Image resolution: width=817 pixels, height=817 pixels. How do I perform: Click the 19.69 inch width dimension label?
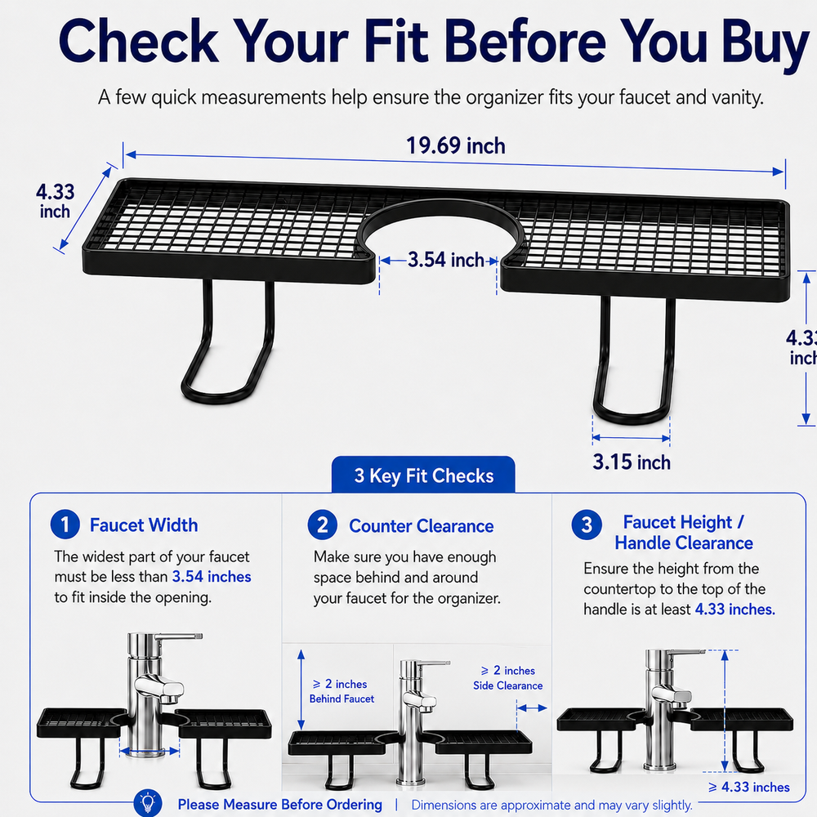click(x=455, y=146)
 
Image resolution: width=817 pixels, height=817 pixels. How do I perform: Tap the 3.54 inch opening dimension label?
click(x=446, y=260)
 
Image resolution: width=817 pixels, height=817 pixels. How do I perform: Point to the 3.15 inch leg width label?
click(x=631, y=462)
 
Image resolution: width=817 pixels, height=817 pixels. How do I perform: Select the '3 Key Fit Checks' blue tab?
click(x=423, y=475)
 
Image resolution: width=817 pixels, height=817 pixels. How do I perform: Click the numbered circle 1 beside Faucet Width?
click(x=65, y=525)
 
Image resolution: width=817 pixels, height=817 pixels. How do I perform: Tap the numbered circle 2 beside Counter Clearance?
click(x=323, y=525)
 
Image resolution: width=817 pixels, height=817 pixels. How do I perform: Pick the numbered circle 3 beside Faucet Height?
click(x=587, y=525)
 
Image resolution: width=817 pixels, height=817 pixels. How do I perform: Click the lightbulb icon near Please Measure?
click(x=148, y=803)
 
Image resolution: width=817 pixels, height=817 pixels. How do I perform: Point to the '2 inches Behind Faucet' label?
click(x=342, y=691)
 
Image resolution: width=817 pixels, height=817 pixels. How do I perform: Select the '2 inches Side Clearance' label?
click(x=508, y=678)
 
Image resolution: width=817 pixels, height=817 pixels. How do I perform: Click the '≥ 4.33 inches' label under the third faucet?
click(x=749, y=787)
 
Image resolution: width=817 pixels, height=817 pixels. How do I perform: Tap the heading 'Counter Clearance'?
click(x=421, y=525)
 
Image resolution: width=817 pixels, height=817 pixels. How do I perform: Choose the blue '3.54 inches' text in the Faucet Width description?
click(x=212, y=576)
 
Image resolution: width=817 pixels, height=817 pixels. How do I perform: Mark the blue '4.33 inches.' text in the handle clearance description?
click(x=734, y=609)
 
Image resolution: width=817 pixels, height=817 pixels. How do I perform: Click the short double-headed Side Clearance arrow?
click(x=532, y=708)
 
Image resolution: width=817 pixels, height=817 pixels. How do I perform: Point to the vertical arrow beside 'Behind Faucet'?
click(x=301, y=690)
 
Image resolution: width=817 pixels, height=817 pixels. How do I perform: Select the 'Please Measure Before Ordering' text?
click(x=279, y=805)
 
